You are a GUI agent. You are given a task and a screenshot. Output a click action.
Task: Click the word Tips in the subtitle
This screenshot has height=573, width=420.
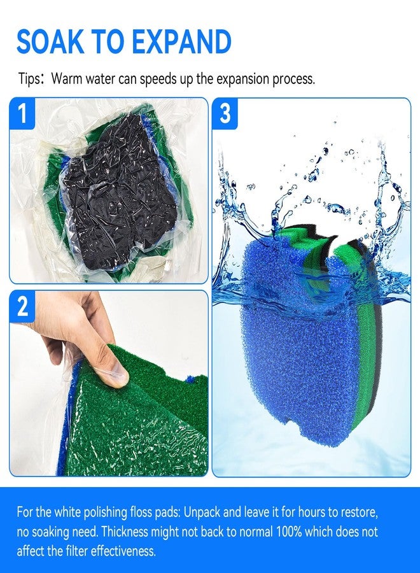pos(29,79)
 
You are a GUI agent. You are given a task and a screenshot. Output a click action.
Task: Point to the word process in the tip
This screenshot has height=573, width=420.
pos(293,80)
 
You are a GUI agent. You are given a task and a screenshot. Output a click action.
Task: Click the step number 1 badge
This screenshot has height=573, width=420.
pos(22,113)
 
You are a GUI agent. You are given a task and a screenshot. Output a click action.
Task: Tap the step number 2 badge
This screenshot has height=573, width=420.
pos(22,306)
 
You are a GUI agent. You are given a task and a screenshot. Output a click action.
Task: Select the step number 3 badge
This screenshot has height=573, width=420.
pos(225,113)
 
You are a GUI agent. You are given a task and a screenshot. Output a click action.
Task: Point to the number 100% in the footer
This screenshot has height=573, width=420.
pos(289,532)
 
